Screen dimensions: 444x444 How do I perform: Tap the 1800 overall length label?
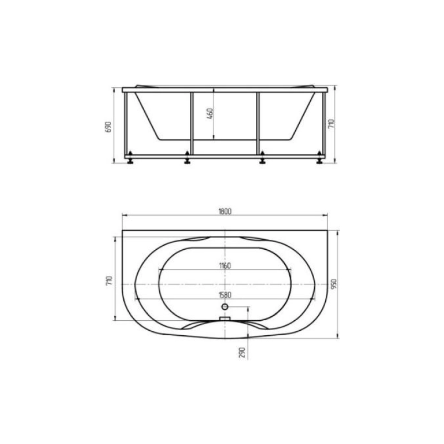click(225, 211)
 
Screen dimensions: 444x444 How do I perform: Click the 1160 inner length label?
click(224, 266)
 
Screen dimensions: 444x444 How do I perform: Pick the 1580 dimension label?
click(225, 295)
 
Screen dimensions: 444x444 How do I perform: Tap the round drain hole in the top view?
click(225, 306)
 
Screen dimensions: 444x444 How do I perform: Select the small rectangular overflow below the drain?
click(225, 319)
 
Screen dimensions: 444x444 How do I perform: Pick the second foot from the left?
click(188, 162)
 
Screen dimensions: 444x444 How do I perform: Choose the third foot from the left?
click(261, 162)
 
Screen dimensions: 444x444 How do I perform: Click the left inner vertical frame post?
click(191, 123)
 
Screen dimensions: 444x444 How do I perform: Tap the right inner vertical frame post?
click(258, 123)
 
